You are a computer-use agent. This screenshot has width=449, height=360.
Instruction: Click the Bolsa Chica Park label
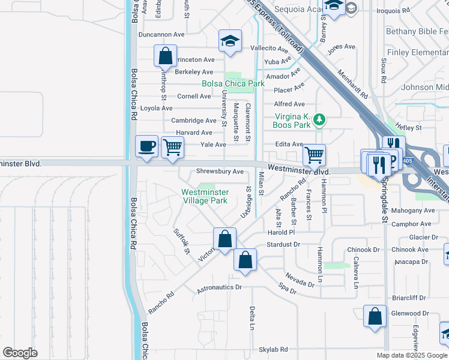click(234, 84)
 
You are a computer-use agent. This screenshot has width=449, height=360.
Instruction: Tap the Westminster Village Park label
click(205, 196)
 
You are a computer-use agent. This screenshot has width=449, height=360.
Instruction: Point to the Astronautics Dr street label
click(219, 288)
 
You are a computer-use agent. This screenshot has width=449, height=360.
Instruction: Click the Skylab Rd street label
click(273, 349)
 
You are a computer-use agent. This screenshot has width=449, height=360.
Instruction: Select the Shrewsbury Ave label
click(220, 172)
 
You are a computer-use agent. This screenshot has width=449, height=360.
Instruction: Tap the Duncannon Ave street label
click(161, 35)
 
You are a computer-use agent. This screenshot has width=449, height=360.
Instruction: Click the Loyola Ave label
click(156, 109)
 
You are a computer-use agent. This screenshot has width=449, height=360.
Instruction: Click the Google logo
click(20, 353)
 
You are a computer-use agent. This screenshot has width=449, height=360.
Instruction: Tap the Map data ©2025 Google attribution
click(412, 355)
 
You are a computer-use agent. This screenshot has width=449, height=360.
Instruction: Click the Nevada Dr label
click(300, 280)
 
